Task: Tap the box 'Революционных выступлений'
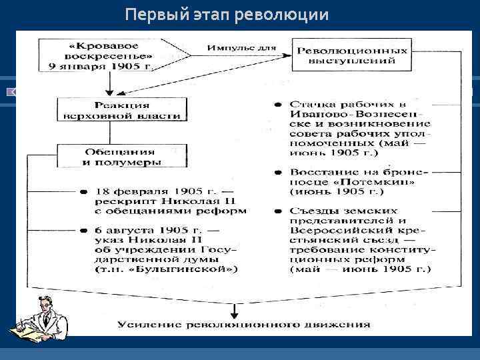point(351,55)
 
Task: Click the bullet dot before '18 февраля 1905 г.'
point(83,191)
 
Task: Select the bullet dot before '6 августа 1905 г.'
point(83,230)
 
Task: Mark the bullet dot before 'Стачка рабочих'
point(275,105)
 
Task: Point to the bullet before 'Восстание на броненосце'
point(275,171)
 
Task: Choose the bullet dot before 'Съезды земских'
point(275,211)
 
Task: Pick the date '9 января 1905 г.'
point(109,66)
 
